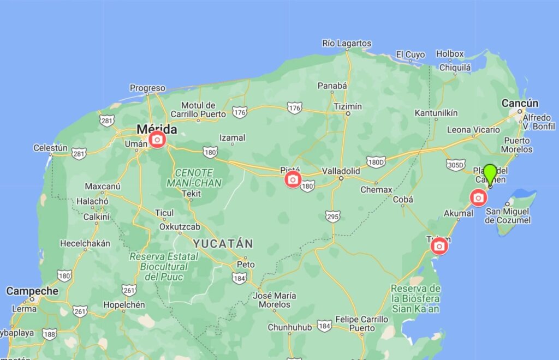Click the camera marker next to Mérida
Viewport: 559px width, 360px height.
(x=157, y=140)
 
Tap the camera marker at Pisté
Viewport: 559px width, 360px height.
(x=293, y=179)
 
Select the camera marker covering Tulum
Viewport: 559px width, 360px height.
(x=439, y=247)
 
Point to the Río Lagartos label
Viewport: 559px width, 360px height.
(x=347, y=43)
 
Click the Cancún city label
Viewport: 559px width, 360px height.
(x=520, y=104)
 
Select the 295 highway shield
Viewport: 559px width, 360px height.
(x=332, y=216)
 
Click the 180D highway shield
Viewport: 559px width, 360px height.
(x=376, y=161)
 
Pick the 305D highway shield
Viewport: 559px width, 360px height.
(x=455, y=164)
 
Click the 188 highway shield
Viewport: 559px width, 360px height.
(x=50, y=334)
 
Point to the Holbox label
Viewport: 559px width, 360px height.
(x=450, y=54)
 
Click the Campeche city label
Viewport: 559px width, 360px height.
(x=32, y=291)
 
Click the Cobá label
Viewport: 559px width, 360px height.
(x=403, y=200)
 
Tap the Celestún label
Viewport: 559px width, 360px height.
(x=50, y=147)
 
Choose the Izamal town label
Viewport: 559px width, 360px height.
(x=232, y=138)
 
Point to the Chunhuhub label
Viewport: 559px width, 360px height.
(x=289, y=327)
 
